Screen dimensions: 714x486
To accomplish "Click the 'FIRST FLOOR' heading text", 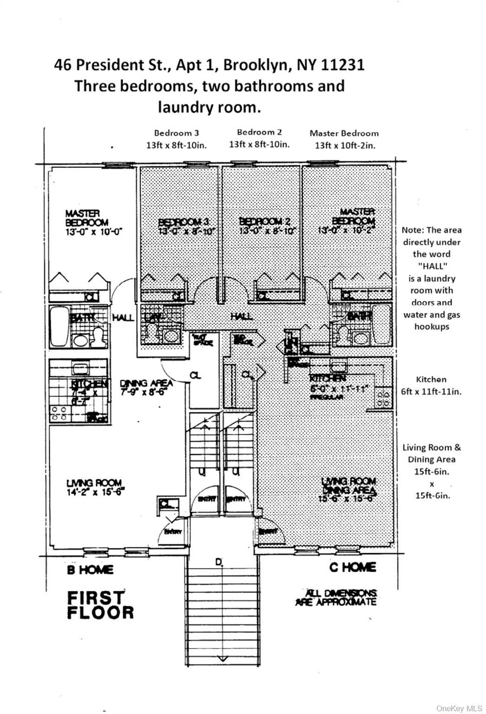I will point(100,605).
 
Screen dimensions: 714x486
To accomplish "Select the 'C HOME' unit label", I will point(353,567).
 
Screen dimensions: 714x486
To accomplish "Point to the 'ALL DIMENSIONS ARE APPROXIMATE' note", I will point(336,597).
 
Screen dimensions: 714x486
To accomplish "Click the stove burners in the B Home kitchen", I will point(58,413).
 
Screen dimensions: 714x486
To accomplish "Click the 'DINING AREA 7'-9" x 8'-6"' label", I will point(146,387).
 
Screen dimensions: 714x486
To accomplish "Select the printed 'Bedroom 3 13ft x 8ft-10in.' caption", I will point(177,139).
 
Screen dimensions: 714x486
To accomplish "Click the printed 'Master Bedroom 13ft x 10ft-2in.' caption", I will point(344,139).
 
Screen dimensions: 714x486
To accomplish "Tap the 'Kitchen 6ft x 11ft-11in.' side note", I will point(431,385).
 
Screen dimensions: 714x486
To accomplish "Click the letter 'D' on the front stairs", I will point(218,562).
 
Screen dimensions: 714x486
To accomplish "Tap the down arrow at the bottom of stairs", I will point(222,658).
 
